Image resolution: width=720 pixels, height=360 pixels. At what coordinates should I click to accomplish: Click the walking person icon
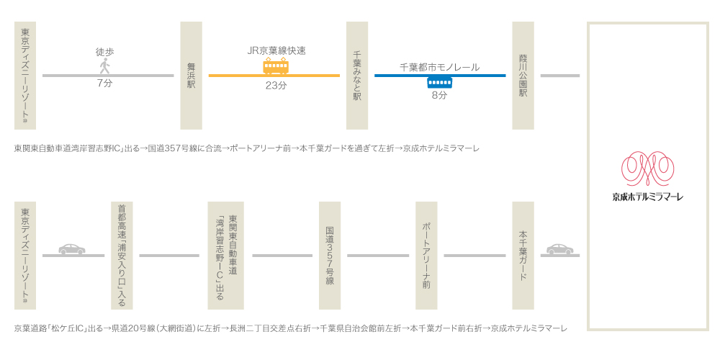(104, 66)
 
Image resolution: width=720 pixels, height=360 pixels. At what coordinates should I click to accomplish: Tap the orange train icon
(276, 66)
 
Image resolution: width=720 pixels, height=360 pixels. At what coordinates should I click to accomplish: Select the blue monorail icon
(439, 82)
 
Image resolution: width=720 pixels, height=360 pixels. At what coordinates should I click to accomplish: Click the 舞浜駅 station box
(191, 76)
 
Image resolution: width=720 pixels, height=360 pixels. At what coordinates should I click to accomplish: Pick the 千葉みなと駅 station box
(357, 76)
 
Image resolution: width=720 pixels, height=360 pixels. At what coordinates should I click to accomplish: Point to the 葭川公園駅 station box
(523, 76)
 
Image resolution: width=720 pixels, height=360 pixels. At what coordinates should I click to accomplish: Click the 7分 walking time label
(104, 84)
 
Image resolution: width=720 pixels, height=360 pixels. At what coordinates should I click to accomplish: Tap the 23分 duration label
(276, 85)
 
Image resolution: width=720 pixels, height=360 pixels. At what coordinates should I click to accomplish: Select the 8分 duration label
(439, 95)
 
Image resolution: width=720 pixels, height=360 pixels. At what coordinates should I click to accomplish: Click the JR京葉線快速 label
(276, 50)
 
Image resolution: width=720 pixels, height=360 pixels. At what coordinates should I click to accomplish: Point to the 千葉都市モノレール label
(439, 67)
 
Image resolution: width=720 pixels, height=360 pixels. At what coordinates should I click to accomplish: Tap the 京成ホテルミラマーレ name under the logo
(647, 197)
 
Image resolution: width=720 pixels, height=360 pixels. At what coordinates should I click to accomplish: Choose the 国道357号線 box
(330, 256)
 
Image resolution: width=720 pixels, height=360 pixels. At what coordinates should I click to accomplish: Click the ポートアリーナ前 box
(426, 256)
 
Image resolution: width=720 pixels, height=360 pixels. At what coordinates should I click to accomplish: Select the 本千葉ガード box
(523, 256)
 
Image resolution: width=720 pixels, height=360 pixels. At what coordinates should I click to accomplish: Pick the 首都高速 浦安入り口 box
(122, 256)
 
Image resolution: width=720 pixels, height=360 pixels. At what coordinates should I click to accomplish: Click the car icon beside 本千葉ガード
(560, 249)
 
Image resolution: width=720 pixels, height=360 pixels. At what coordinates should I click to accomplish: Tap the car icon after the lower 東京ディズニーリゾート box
(72, 249)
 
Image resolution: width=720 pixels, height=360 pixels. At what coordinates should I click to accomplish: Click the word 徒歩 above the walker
(104, 52)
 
